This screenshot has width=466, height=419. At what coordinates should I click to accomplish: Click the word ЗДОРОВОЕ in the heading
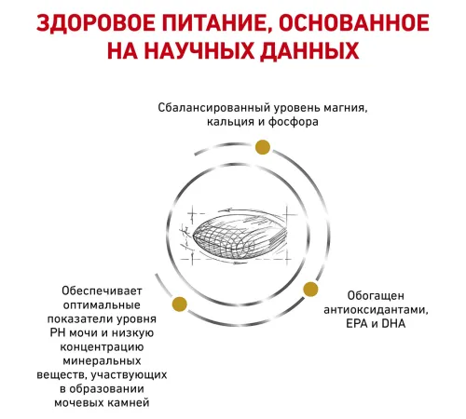96,23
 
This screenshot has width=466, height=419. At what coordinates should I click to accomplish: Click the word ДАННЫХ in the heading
309,51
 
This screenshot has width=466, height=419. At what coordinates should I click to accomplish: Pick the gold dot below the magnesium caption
263,147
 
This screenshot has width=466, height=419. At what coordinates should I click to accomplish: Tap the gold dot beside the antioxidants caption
310,290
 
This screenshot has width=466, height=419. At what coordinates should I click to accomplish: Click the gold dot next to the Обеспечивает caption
179,304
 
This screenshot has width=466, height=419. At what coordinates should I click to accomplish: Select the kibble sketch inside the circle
240,235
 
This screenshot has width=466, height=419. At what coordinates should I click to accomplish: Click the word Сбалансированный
214,108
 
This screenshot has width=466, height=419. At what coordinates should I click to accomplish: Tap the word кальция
230,122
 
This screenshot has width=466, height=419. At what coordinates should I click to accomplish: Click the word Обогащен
376,296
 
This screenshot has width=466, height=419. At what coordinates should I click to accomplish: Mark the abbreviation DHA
393,324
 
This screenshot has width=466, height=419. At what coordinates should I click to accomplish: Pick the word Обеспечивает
102,291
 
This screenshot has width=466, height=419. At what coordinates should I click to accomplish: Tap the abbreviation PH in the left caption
58,332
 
